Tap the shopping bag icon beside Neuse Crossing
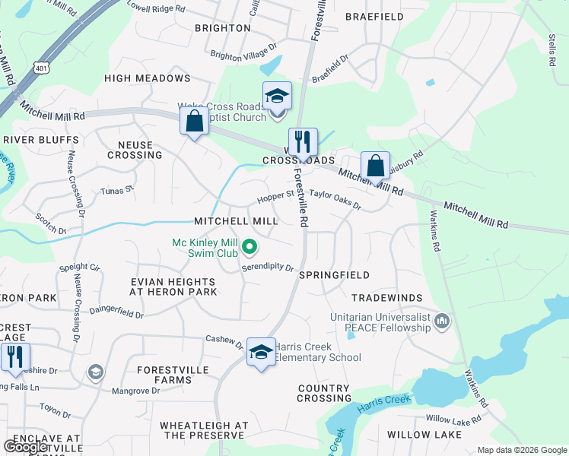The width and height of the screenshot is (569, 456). point(194,122)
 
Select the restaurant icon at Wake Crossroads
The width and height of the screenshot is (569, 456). point(302,141)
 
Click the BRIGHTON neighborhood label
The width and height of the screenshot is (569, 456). point(223,28)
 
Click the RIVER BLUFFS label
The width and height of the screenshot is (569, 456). point(41,140)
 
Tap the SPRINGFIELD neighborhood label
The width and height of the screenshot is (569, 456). point(335,274)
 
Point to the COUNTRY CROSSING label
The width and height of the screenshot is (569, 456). point(324,393)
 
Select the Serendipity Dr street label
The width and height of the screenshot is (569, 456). point(268,268)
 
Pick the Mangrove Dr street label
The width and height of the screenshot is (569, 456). point(135,391)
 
